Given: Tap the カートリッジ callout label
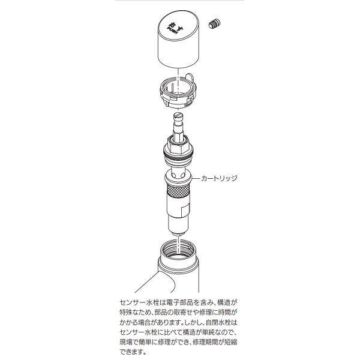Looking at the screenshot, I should (x=220, y=179).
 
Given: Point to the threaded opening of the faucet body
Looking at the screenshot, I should (x=178, y=250).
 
